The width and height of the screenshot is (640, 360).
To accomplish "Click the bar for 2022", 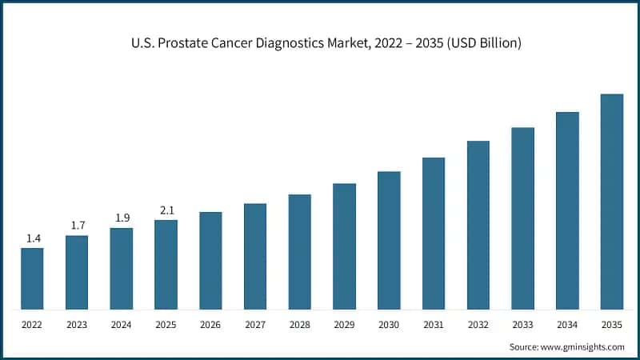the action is click(x=32, y=278).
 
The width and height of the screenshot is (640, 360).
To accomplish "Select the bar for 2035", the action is click(x=612, y=202).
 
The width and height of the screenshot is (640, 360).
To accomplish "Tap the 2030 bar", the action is click(x=389, y=241).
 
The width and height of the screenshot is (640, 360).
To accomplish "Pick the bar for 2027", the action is click(x=255, y=256).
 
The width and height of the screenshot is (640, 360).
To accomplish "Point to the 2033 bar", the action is click(x=523, y=218).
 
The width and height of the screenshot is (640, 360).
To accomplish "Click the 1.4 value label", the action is click(x=34, y=238).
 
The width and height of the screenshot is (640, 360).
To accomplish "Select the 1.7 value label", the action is click(x=78, y=226).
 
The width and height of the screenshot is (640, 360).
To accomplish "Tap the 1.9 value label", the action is click(x=122, y=218).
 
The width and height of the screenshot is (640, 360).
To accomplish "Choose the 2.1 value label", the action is click(x=167, y=210).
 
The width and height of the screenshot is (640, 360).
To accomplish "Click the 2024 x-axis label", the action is click(x=122, y=325).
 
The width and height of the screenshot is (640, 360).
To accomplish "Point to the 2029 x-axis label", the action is click(x=344, y=325).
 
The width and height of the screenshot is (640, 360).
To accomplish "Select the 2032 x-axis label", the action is click(x=478, y=325).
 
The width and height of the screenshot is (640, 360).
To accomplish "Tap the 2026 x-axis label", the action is click(x=210, y=325).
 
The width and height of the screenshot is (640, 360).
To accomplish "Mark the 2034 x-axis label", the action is click(x=567, y=325).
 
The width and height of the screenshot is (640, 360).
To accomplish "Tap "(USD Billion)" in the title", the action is click(x=484, y=43).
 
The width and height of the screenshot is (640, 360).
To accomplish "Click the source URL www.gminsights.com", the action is click(x=582, y=347).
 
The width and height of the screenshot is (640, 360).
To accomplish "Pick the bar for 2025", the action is click(x=166, y=265).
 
